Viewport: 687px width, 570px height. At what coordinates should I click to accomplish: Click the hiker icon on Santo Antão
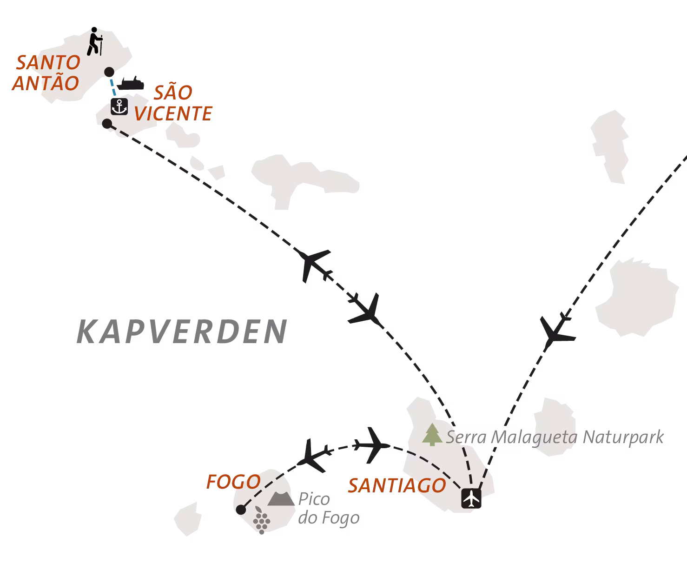coord(95,41)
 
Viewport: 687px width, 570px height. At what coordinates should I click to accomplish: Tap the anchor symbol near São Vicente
coord(119,106)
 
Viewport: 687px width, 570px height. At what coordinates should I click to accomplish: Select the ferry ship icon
coord(131,83)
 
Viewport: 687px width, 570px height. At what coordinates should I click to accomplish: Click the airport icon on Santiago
coord(471,498)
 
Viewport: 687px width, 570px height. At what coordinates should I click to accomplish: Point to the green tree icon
coord(432,434)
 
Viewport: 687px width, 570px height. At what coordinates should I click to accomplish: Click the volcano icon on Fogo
coord(281,498)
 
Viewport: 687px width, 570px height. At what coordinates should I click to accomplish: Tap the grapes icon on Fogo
coord(261,520)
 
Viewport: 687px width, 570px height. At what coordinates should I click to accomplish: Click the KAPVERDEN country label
coord(182,331)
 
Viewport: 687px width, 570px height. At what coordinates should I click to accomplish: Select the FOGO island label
coord(233,482)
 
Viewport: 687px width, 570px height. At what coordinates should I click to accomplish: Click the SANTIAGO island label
coord(397,485)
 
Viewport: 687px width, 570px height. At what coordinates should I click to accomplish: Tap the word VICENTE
coord(173,113)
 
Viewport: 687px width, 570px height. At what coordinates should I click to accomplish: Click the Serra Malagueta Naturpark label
coord(555,437)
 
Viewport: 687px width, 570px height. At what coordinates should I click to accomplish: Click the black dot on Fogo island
coord(241,510)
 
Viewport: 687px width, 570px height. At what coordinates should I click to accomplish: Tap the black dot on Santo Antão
coord(109,72)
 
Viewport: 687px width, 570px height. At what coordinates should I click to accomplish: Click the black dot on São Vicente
coord(107,124)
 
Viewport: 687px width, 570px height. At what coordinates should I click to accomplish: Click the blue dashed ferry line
coord(113,87)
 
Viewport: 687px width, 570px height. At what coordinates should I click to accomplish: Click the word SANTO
coord(48,62)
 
